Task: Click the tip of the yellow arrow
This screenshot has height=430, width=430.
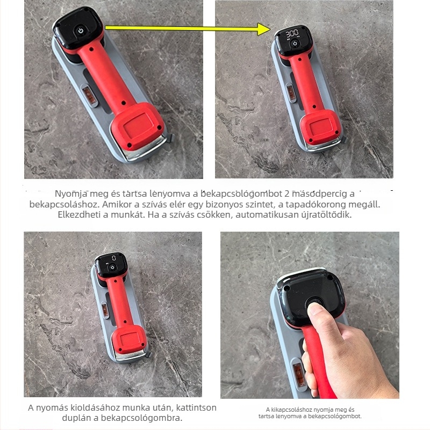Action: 270,29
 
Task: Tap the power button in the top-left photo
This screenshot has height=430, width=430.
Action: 80,31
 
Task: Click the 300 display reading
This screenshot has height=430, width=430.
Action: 292,34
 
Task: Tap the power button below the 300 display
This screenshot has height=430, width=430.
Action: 295,44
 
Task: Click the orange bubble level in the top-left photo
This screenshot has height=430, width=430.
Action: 89,95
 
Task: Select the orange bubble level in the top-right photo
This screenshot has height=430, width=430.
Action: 291,92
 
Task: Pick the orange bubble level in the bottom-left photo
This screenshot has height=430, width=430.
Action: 105,310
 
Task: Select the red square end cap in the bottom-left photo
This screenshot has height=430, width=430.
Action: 128,340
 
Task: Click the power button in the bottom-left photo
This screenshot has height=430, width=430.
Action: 112,267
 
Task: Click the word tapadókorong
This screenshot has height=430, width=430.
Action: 316,204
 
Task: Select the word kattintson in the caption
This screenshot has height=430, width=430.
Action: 196,407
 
